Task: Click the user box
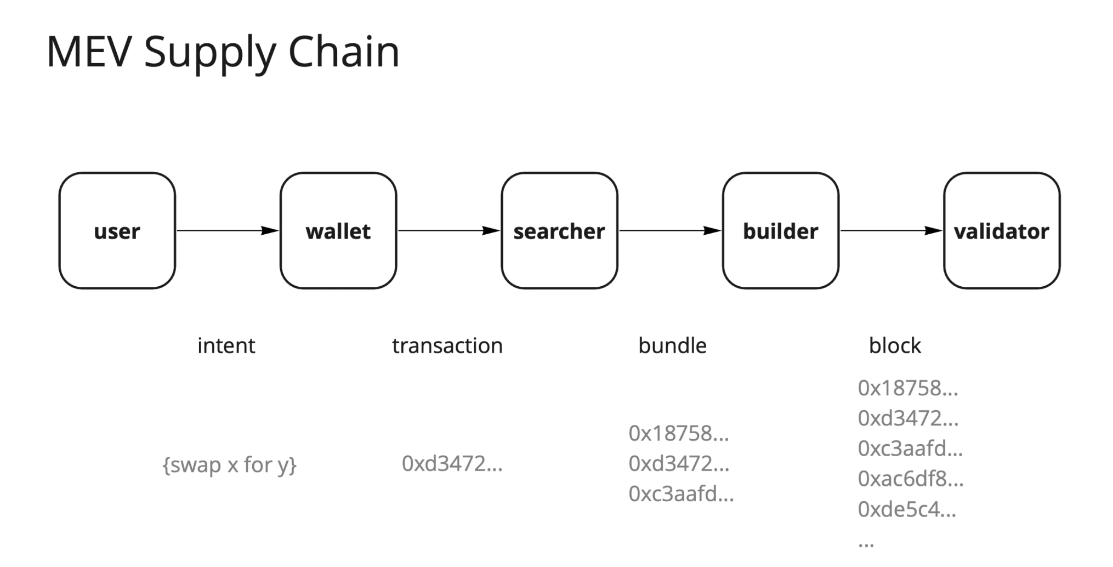117,231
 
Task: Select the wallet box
338,231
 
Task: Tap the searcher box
559,231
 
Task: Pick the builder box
780,231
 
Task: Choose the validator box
1001,231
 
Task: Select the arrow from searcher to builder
669,231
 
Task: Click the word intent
226,346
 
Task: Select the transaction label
447,346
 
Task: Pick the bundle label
672,346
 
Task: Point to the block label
895,346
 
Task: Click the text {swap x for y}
229,465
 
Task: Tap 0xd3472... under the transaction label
452,464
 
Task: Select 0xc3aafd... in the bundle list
681,494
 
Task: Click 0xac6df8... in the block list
910,479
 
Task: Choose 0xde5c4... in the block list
907,509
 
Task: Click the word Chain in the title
344,52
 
